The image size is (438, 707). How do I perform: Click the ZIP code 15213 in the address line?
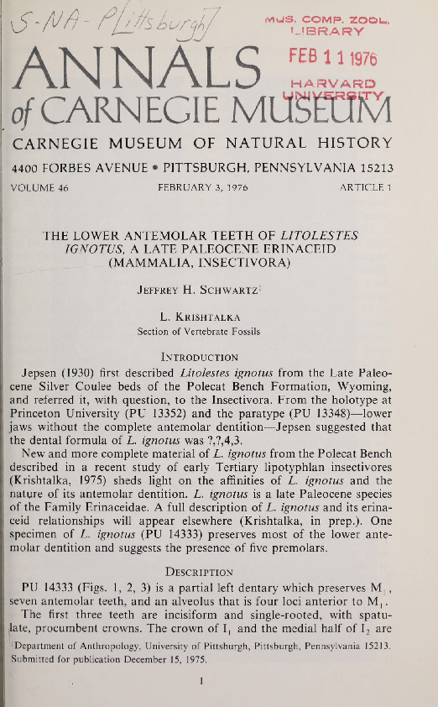pos(373,168)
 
